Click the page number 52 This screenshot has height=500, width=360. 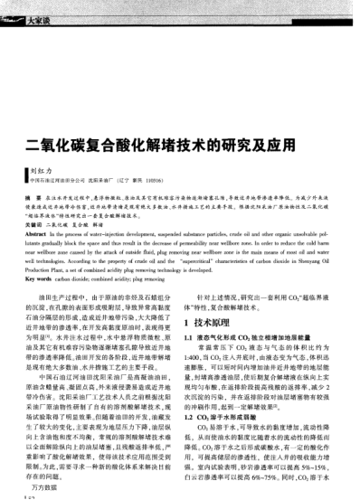click(30, 495)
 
